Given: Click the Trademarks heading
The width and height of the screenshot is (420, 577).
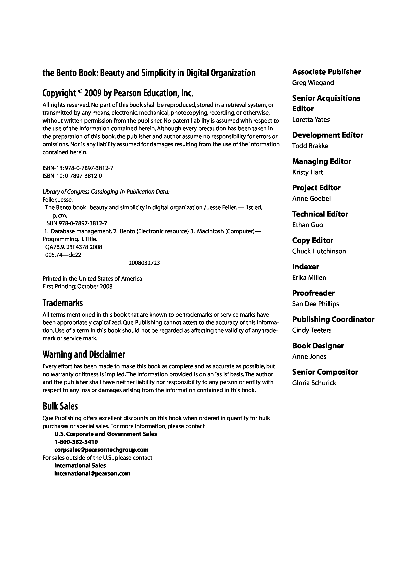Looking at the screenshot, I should click(63, 303).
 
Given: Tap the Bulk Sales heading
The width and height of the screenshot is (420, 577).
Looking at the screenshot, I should click(60, 406).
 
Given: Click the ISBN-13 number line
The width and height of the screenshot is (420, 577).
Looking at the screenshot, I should click(78, 168).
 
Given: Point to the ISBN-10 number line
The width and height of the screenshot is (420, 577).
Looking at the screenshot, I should click(72, 176).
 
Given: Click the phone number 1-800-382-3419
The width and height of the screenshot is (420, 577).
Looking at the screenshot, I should click(76, 442).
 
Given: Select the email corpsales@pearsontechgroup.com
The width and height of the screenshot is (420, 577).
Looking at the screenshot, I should click(101, 450).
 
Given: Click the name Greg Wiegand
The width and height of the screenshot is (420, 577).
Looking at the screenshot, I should click(313, 83).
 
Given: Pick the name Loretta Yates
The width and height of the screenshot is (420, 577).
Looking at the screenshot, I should click(311, 120).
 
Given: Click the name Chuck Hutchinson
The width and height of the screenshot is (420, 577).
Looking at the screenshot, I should click(319, 251).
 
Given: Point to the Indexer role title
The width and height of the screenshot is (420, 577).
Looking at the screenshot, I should click(305, 267).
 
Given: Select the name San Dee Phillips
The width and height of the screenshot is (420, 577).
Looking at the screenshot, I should click(316, 304).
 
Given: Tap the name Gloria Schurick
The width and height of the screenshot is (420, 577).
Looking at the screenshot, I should click(314, 383).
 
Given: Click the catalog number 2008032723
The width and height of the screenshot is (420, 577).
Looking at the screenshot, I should click(144, 263).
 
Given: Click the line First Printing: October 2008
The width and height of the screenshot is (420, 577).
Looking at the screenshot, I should click(77, 286).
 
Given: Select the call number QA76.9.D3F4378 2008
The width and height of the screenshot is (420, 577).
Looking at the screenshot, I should click(74, 247).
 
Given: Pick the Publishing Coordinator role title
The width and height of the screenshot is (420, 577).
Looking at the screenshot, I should click(333, 319).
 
